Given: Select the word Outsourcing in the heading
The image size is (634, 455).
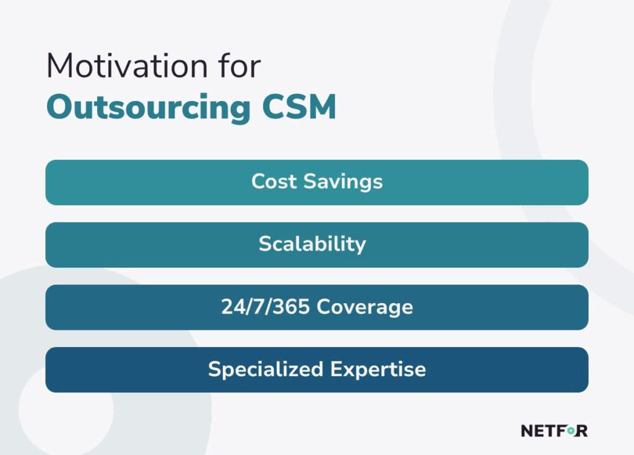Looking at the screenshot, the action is pyautogui.click(x=149, y=108).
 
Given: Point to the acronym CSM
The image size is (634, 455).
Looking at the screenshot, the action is pyautogui.click(x=299, y=107).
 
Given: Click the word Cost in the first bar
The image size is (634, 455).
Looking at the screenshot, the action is pyautogui.click(x=274, y=181).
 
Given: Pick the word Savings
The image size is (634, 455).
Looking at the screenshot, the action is pyautogui.click(x=343, y=182).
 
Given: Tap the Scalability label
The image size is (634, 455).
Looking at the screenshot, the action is pyautogui.click(x=313, y=244).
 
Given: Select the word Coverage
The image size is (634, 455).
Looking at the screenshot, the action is pyautogui.click(x=365, y=307).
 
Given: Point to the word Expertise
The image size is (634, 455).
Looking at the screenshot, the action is pyautogui.click(x=378, y=369).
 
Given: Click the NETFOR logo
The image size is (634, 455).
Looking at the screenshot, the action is pyautogui.click(x=554, y=431).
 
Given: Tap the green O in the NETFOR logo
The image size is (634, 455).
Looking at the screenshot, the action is pyautogui.click(x=570, y=431).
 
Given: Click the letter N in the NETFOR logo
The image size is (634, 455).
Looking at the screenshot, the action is pyautogui.click(x=528, y=431).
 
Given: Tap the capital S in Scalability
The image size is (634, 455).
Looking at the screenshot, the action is pyautogui.click(x=265, y=244).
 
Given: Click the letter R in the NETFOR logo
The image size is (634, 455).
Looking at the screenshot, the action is pyautogui.click(x=582, y=431).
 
